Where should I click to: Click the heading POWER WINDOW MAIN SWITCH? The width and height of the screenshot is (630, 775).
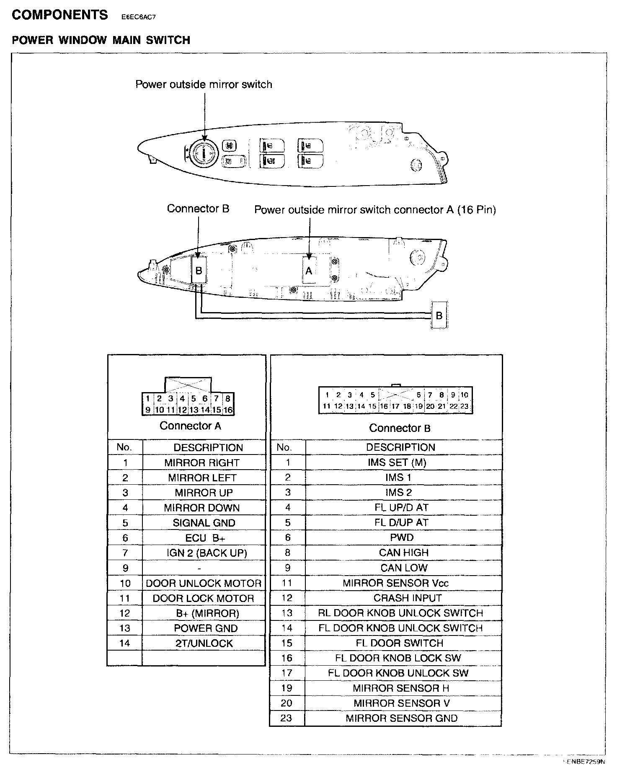pos(101,40)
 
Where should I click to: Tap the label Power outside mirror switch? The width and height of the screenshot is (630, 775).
pos(204,84)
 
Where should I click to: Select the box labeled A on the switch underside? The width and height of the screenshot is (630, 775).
pos(309,271)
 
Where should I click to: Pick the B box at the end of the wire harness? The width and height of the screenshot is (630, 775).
pos(439,315)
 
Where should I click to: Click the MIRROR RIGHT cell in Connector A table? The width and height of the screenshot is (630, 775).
pos(202,463)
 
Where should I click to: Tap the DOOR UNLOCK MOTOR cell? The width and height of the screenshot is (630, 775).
pos(204,583)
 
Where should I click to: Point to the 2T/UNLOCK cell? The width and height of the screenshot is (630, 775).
pos(204,643)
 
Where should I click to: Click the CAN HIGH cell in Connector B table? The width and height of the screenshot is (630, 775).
pos(404,553)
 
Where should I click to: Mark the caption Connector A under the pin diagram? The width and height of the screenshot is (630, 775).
pos(190,426)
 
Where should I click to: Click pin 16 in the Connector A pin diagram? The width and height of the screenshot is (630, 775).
pos(227,410)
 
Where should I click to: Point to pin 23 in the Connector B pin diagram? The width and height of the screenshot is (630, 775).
pos(464,406)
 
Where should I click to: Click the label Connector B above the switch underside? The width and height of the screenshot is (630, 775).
pos(198,209)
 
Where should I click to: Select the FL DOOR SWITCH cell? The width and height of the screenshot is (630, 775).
pos(400,643)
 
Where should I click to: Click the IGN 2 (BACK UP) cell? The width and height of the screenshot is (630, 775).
pos(207,553)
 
